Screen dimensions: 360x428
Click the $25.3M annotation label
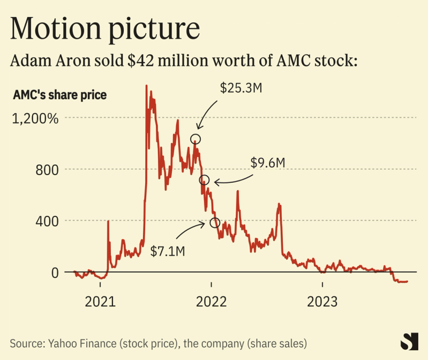coord(241,88)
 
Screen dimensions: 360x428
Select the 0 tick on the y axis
coord(54,272)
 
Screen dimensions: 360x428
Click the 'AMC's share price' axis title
coord(59,95)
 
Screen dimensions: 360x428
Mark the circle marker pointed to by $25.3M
coord(196,139)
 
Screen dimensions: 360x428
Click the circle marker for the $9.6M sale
coord(204,179)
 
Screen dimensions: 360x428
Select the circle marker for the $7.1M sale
coord(215,222)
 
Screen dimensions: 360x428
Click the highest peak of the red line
coord(146,85)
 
